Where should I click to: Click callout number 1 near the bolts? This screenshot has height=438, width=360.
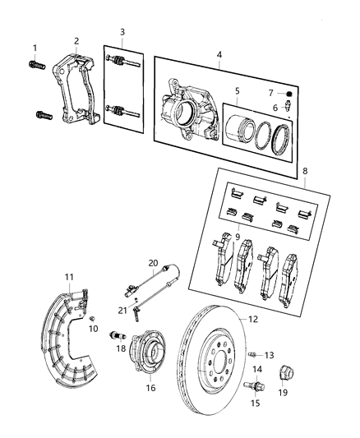pos(35,47)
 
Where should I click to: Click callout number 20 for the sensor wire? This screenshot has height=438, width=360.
pos(154,262)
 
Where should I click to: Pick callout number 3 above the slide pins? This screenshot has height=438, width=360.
pos(122,32)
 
